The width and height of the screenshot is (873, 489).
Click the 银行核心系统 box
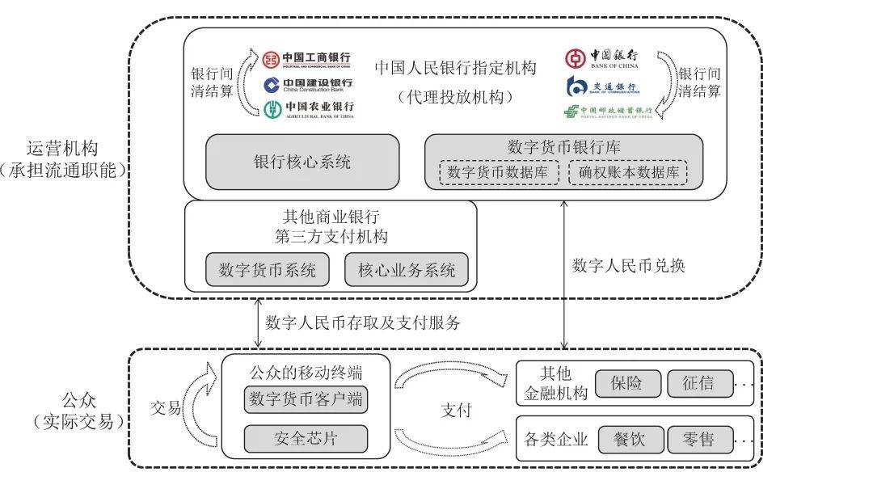[302, 162]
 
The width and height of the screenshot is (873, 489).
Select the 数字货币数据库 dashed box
[499, 173]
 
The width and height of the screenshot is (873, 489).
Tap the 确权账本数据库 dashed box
[627, 173]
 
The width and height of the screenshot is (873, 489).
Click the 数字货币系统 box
[268, 270]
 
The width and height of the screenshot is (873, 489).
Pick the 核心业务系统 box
[407, 270]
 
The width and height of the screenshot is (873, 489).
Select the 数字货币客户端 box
[306, 399]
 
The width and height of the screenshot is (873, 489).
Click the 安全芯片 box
[306, 439]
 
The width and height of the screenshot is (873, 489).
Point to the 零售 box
[700, 440]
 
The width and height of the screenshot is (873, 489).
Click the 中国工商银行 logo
[307, 59]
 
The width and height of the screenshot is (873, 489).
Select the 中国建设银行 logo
[307, 84]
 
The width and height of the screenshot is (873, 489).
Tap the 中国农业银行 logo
[307, 108]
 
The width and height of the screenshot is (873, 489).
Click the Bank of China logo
[602, 58]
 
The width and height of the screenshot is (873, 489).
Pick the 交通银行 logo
[602, 85]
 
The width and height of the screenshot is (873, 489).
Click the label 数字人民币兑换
[628, 265]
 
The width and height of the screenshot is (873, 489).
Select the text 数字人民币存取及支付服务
[363, 323]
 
